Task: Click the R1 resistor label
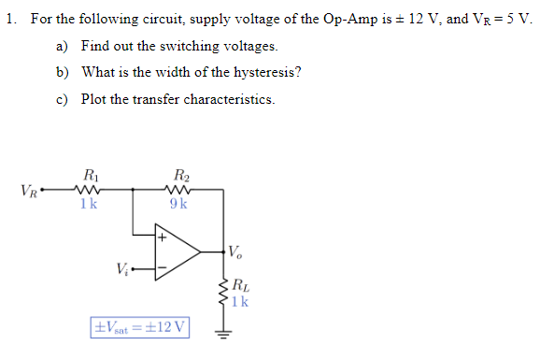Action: pyautogui.click(x=89, y=174)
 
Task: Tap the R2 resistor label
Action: pyautogui.click(x=180, y=174)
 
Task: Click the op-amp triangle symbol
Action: pyautogui.click(x=178, y=252)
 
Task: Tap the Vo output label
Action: pyautogui.click(x=237, y=252)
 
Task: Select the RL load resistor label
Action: pyautogui.click(x=239, y=285)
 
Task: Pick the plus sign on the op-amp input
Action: pyautogui.click(x=162, y=238)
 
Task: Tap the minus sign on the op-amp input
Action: pyautogui.click(x=162, y=268)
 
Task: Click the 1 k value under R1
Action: pyautogui.click(x=89, y=204)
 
